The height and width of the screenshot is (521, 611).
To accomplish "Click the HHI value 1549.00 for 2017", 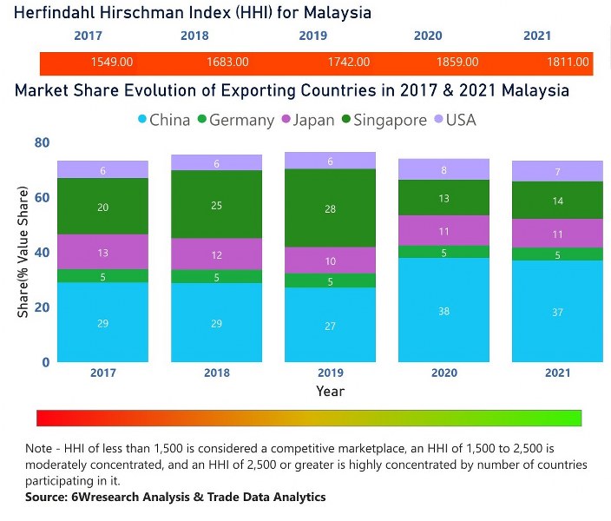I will (111, 63).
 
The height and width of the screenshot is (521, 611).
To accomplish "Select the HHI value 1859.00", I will (457, 63).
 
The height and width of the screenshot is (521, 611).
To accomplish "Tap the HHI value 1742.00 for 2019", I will (349, 63).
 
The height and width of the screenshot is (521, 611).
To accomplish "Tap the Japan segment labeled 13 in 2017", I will (103, 252).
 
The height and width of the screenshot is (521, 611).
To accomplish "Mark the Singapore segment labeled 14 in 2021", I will (558, 201).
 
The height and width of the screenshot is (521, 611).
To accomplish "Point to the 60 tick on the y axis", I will (42, 197).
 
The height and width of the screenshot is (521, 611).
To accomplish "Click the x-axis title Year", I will (330, 392).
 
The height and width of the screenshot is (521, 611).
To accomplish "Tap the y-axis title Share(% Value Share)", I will (23, 252).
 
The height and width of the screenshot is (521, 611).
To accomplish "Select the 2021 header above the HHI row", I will (537, 36).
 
